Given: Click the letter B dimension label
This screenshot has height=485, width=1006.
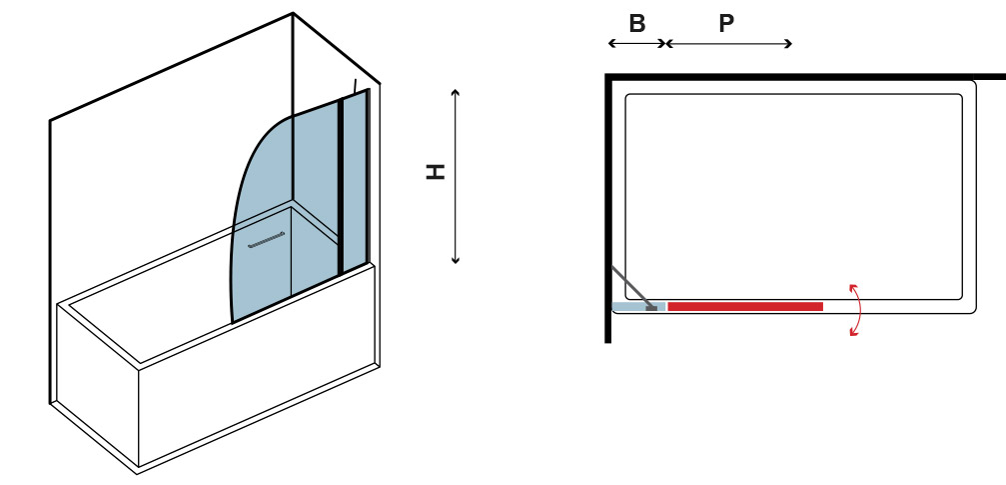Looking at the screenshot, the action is tap(636, 24).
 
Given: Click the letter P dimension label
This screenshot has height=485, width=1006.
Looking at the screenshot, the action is tap(726, 24).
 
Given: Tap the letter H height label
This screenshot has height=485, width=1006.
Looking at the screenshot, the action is tap(437, 172).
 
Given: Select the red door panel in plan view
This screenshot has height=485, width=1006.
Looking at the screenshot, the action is tap(745, 307).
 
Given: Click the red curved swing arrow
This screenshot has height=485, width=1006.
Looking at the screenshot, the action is tap(858, 310).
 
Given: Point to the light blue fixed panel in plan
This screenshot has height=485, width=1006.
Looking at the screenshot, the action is tap(639, 307).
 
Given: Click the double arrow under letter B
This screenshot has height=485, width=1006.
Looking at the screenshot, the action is tap(637, 44).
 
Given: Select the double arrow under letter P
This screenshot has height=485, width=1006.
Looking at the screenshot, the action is tap(729, 44).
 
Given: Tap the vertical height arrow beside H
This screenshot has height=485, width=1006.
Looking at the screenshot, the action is tap(456, 176).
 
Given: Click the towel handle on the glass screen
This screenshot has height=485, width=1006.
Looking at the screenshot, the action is tap(267, 240).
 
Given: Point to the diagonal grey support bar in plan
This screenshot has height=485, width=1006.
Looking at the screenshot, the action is tap(632, 287).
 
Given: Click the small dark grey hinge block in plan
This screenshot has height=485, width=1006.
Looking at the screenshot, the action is tap(651, 308).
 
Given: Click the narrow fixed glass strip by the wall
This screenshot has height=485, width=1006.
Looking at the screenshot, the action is tap(356, 180).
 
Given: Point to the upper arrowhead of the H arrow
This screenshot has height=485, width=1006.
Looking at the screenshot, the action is tap(456, 92).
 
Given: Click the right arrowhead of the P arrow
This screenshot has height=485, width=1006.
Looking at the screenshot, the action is tap(789, 44).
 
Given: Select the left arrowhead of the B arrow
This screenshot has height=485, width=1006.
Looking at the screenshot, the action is tap(611, 44).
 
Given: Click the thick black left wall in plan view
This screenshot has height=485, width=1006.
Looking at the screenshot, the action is tap(608, 209).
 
